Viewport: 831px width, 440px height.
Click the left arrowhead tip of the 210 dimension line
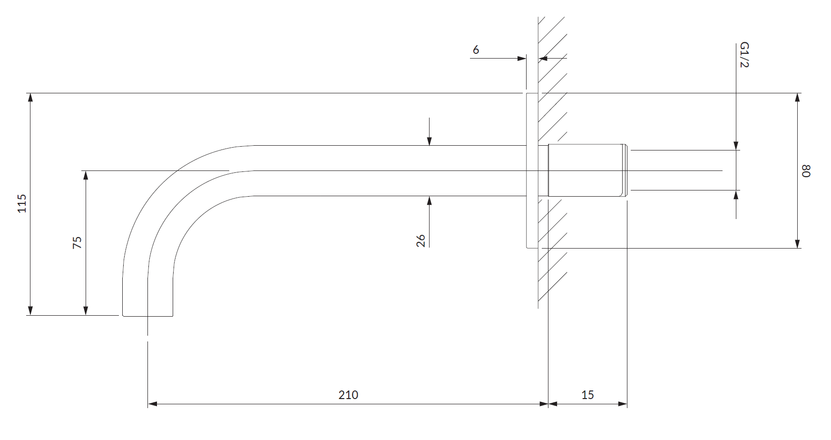coord(148,404)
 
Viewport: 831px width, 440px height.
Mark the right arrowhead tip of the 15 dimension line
coord(627,404)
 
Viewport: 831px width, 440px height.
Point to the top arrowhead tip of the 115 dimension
coord(30,93)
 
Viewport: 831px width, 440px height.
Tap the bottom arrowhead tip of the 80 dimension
coord(797,248)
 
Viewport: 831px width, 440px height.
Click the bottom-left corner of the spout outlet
coord(123,316)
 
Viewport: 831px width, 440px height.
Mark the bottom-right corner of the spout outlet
coord(172,316)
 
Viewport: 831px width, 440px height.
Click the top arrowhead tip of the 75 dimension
coord(86,171)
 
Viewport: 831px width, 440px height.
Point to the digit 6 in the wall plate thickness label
coord(476,50)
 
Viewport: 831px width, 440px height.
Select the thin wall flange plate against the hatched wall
coord(532,170)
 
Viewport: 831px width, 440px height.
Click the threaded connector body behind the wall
coord(588,170)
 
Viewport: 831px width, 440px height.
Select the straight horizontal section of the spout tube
coord(390,170)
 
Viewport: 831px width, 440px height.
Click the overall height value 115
coord(22,203)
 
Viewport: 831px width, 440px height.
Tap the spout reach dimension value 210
coord(348,395)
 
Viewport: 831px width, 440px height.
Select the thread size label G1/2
coord(744,55)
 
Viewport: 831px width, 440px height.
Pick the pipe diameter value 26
coord(420,240)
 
